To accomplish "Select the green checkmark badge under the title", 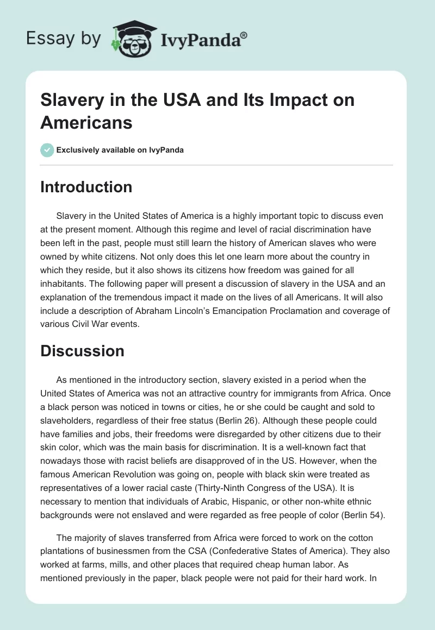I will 47,150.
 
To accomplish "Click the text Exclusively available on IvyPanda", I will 121,150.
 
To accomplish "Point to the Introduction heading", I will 86,187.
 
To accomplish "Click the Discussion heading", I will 82,351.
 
